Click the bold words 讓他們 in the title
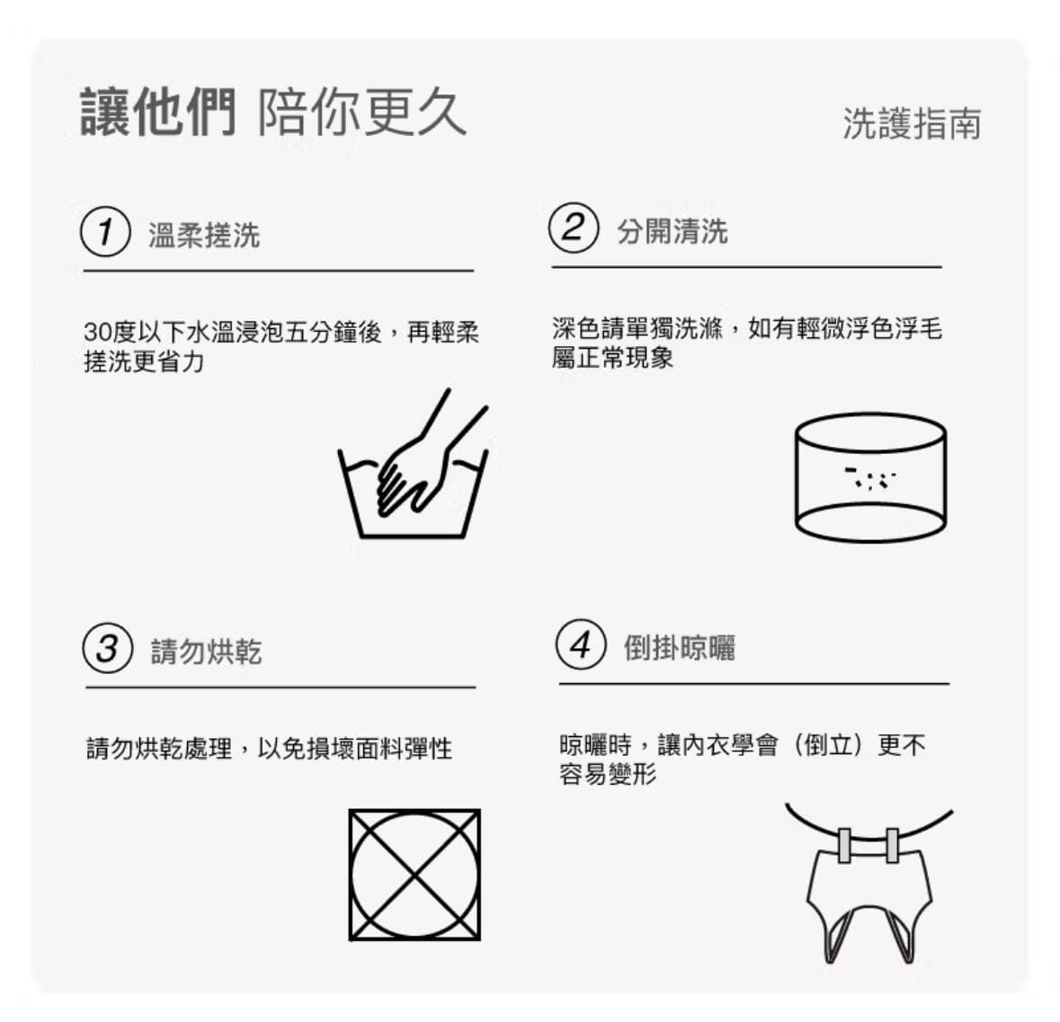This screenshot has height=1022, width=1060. click(158, 113)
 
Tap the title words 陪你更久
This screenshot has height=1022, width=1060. click(362, 113)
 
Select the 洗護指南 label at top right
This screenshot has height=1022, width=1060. click(911, 123)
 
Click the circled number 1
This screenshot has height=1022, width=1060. click(105, 232)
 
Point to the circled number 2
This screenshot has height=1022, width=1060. click(573, 227)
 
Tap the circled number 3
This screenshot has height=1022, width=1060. click(107, 648)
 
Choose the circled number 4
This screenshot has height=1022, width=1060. click(580, 644)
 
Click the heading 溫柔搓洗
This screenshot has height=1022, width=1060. click(204, 236)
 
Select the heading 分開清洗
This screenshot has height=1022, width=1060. click(672, 231)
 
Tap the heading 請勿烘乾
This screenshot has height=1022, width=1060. click(206, 652)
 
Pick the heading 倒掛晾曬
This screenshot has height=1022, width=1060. click(679, 647)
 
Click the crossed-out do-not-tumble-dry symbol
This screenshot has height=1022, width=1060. click(414, 875)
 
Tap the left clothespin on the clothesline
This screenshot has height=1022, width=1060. click(844, 845)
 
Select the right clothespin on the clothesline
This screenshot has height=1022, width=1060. click(891, 845)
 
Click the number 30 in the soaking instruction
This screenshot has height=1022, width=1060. click(96, 333)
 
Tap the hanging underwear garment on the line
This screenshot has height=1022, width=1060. click(868, 899)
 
